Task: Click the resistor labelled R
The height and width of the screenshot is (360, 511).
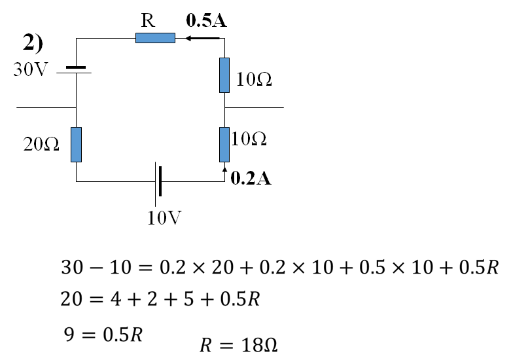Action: pos(155,38)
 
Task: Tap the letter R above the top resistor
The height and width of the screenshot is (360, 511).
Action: pos(148,20)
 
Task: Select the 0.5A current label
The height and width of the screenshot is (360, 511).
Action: pos(206,21)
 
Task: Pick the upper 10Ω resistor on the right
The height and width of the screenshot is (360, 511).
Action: pos(224,75)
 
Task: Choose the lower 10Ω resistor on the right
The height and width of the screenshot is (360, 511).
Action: pos(224,144)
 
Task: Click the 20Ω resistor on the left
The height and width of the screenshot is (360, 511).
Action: pos(77,144)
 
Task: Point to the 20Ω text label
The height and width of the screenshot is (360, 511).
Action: pos(41,145)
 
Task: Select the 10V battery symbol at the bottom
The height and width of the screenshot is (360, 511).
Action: pos(158,181)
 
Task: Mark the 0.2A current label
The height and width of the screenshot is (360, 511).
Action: pos(251,179)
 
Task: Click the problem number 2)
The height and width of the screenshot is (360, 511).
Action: pos(33,43)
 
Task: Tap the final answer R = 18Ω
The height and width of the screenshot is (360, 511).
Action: pos(238,345)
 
